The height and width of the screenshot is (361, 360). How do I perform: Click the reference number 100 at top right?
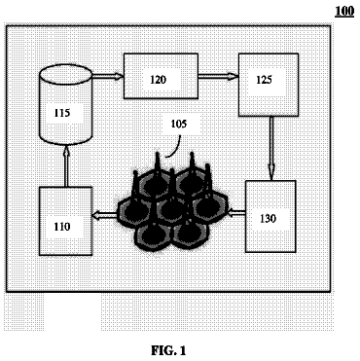[344, 11]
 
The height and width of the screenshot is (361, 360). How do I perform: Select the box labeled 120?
[161, 76]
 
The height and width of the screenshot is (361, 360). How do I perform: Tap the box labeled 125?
[269, 85]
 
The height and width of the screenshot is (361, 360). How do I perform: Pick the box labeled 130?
[270, 216]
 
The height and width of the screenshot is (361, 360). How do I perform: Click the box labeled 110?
[66, 221]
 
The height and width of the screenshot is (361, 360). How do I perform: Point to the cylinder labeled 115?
[66, 104]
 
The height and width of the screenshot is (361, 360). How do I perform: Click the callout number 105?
[179, 124]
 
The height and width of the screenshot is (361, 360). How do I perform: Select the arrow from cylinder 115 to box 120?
[108, 77]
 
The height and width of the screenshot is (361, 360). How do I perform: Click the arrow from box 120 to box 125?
[219, 77]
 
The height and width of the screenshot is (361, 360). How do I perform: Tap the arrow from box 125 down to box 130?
[271, 148]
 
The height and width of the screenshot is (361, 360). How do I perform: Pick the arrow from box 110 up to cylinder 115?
[66, 165]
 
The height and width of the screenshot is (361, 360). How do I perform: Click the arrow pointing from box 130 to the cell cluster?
[235, 213]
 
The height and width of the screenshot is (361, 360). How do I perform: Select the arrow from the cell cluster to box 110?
[104, 214]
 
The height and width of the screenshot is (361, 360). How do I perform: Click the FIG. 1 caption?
[168, 350]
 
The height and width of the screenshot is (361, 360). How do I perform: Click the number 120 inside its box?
[158, 80]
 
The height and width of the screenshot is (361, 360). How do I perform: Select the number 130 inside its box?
[269, 219]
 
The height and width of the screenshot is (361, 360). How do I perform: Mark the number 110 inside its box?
[62, 226]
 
